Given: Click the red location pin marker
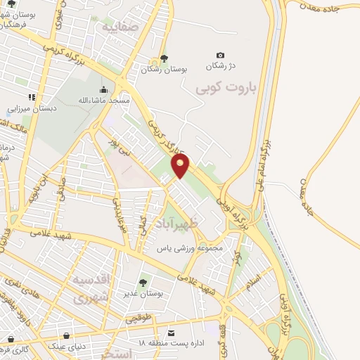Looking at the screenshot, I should coord(181,166).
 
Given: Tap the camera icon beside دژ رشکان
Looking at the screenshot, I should coord(221,56).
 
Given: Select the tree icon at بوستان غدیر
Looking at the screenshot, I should coord(143,283).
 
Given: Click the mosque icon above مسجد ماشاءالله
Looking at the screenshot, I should coord(104,89).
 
